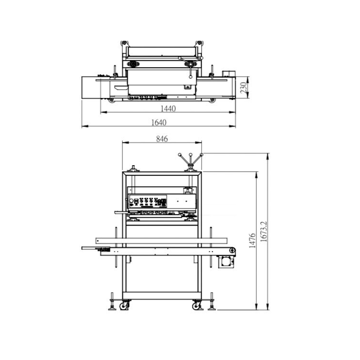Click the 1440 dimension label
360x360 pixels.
[168, 108]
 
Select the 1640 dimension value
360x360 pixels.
[159, 122]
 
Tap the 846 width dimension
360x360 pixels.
[162, 139]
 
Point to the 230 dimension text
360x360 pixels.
[243, 88]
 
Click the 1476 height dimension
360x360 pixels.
[252, 240]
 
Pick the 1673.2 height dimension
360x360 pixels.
[264, 231]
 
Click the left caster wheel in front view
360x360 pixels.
[124, 305]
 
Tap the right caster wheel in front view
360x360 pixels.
[197, 305]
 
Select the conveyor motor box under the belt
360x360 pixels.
[226, 262]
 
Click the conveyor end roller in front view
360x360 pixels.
[232, 250]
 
